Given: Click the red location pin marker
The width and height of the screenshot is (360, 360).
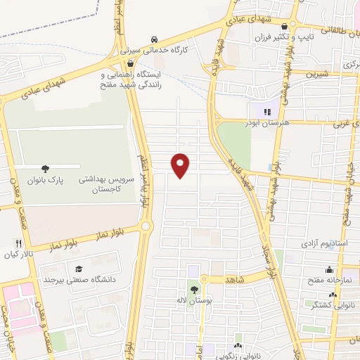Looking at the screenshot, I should pos(181,165).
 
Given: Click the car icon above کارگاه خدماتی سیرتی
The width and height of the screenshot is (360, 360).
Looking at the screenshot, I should pos(153,39).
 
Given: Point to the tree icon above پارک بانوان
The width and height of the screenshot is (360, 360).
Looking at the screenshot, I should pos(46,168).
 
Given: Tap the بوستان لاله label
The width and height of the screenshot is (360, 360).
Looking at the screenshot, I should pos(195,301).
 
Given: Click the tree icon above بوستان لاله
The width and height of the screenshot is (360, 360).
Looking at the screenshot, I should pos(194,289).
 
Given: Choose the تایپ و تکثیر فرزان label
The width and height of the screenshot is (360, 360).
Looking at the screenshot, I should pos(315,35).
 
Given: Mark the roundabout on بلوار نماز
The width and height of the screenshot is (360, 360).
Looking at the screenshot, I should pos(146,226).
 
